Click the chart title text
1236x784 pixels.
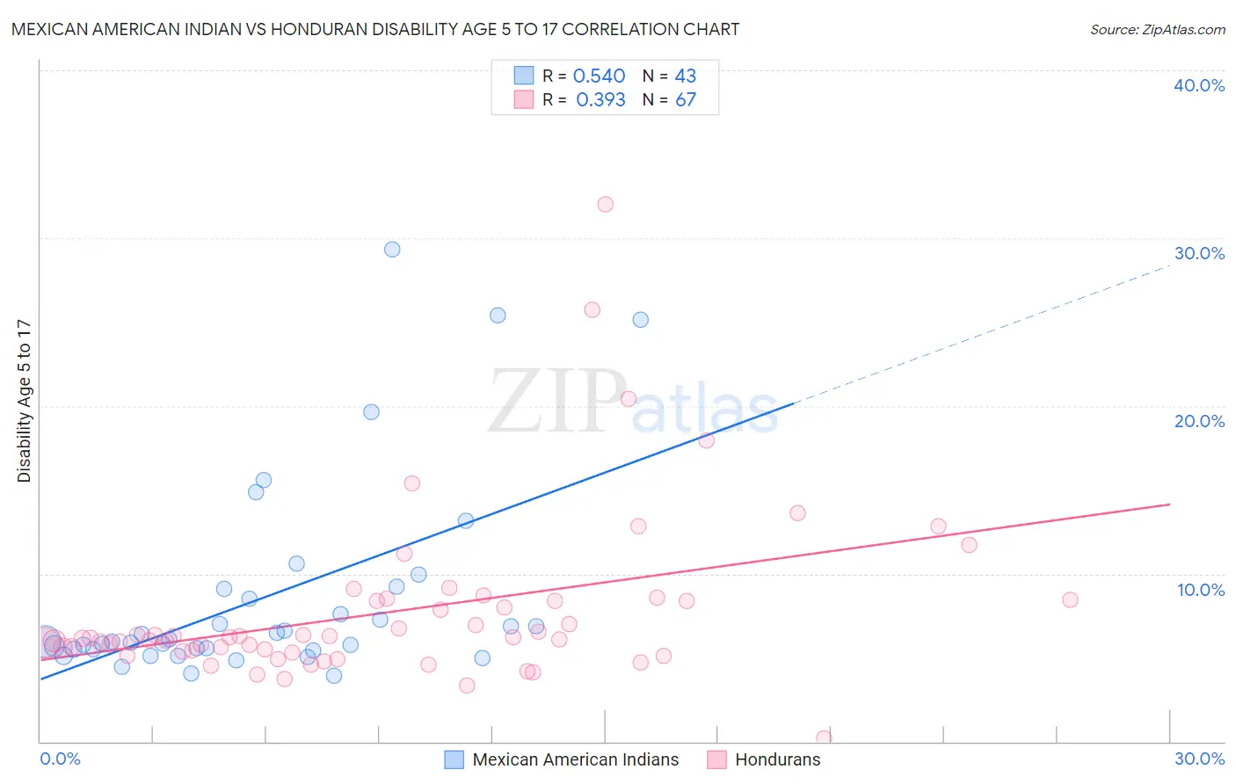tap(375, 29)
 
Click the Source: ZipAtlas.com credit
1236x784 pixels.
tap(1157, 29)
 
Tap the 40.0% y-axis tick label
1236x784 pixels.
tap(1199, 85)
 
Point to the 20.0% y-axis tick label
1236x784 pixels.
tap(1199, 421)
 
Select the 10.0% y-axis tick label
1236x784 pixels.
tap(1201, 590)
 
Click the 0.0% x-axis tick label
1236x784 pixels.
tap(60, 759)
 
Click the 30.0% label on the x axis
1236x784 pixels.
tap(1199, 759)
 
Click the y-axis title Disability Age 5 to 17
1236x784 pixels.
tap(25, 401)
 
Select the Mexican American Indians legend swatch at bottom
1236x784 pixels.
tap(454, 759)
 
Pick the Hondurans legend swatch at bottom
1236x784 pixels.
tap(716, 759)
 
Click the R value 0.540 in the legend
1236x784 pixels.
tap(599, 76)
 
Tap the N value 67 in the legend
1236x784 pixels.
tap(686, 100)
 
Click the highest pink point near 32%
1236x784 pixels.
tap(605, 205)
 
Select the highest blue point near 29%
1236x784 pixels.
tap(392, 250)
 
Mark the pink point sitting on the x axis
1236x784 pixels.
tap(824, 738)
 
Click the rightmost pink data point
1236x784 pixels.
tap(1070, 600)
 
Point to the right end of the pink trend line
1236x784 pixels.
tap(1169, 505)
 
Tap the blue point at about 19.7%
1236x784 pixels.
tap(371, 412)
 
